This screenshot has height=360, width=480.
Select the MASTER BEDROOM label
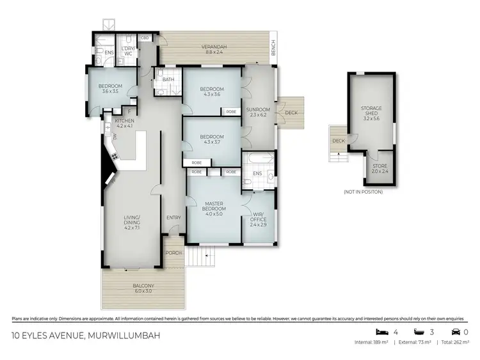pyautogui.click(x=214, y=207)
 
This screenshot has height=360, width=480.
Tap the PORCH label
pyautogui.click(x=173, y=253)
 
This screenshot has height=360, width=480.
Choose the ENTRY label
pyautogui.click(x=173, y=217)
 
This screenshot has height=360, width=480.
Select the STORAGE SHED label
pyautogui.click(x=371, y=116)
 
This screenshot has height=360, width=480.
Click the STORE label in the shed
pyautogui.click(x=380, y=168)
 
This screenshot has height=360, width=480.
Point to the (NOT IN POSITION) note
pyautogui.click(x=363, y=192)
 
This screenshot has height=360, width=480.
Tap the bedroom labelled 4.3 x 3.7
pyautogui.click(x=211, y=139)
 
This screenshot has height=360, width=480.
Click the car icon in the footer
pyautogui.click(x=455, y=333)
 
